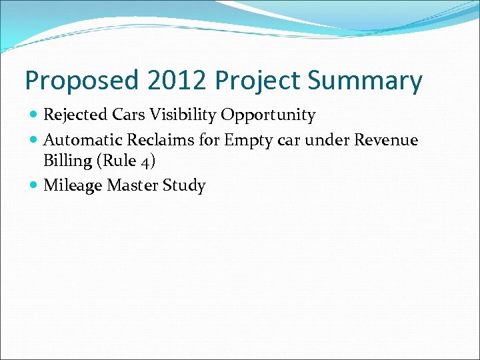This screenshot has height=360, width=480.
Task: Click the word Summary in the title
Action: click(365, 81)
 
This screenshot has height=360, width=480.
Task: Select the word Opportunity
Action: click(268, 115)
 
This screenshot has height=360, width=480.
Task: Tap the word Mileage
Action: click(72, 185)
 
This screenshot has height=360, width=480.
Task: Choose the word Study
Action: click(184, 185)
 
